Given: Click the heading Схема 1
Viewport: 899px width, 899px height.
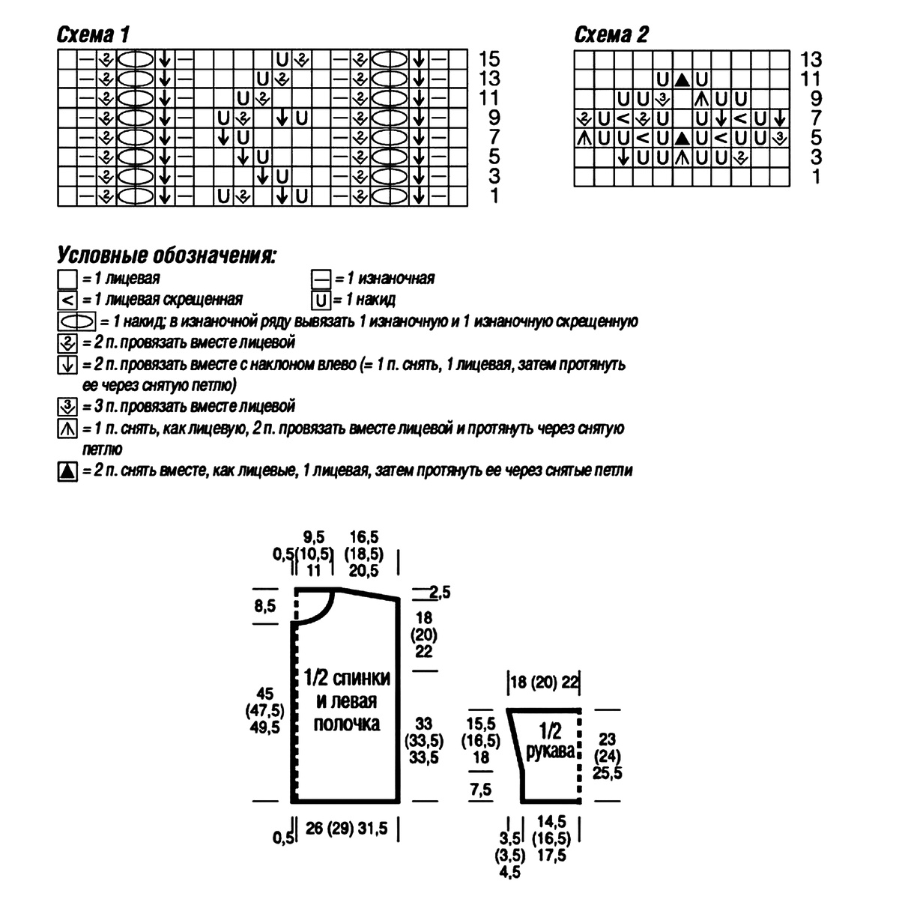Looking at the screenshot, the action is (x=94, y=34).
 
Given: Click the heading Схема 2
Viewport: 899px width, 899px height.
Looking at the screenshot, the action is (x=611, y=34).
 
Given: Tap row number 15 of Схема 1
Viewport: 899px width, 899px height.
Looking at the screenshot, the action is (x=489, y=59).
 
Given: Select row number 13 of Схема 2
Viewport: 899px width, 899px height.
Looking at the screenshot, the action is (x=811, y=60).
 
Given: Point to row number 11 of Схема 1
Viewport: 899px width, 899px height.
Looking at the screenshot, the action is (x=489, y=98).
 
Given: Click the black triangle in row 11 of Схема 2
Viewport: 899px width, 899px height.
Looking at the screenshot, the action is (x=682, y=80).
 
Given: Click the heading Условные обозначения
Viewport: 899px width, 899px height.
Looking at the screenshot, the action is (x=166, y=255).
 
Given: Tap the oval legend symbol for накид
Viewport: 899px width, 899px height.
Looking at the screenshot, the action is (x=76, y=321).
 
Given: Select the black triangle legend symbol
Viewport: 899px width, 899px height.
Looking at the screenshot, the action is (x=67, y=471).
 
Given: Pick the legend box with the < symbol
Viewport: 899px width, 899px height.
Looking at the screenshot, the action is (x=67, y=300).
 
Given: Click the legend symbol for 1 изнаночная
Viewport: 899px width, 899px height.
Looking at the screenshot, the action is (x=321, y=279).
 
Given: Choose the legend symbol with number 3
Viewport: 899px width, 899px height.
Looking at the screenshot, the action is (x=67, y=407).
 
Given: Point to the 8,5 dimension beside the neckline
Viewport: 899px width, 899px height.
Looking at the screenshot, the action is (x=265, y=606).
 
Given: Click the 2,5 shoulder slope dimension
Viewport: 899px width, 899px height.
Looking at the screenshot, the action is (x=440, y=593).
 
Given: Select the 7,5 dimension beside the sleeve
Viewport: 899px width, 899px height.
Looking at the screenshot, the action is (x=481, y=790).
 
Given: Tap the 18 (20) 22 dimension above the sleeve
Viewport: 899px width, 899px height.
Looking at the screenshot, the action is (x=545, y=682).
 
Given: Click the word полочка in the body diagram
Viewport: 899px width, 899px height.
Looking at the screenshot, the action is (x=347, y=724).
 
